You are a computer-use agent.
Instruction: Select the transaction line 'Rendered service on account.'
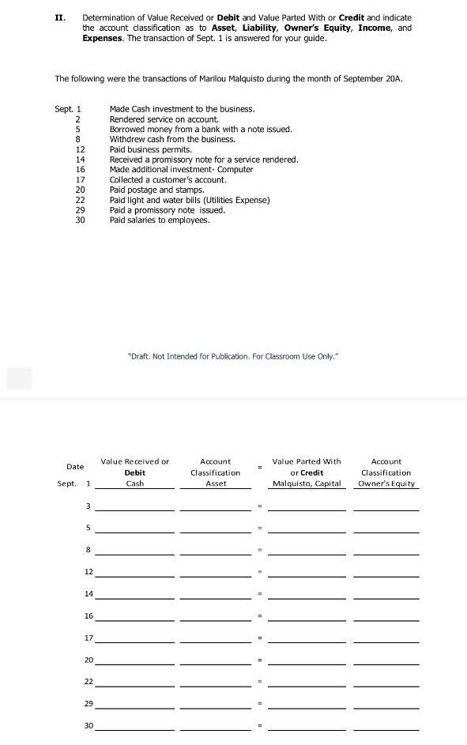[x=153, y=119]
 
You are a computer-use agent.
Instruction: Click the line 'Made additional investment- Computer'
[x=181, y=169]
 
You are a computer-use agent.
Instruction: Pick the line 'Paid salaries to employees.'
[x=160, y=220]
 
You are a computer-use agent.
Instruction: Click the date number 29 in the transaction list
[x=80, y=210]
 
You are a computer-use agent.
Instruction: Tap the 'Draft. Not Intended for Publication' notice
[x=233, y=356]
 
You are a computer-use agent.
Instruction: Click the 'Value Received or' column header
[x=134, y=461]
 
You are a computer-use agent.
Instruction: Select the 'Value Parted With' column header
[x=307, y=461]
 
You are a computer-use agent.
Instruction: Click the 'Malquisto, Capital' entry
[x=307, y=483]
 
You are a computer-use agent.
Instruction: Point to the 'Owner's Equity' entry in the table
[x=386, y=483]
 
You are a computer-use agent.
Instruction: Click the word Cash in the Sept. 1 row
[x=135, y=483]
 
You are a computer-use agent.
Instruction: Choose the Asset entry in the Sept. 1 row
[x=215, y=483]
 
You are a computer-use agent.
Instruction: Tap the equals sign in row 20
[x=258, y=660]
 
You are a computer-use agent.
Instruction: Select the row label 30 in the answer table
[x=88, y=725]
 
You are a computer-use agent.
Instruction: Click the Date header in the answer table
[x=75, y=467]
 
